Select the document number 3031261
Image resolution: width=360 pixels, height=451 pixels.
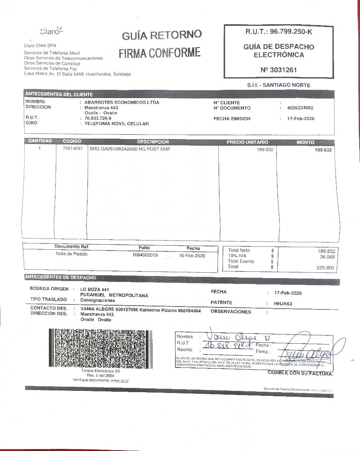point(279,70)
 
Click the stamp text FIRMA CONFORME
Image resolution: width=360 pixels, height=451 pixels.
point(160,53)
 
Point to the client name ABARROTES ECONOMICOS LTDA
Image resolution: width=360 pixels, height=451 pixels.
point(122,102)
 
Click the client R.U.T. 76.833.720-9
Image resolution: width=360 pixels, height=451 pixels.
point(98,119)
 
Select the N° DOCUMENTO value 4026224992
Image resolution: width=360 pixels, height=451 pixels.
point(300,108)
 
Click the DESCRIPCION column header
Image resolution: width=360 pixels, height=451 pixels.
point(153,142)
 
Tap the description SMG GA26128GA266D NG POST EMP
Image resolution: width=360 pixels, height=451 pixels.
point(130,149)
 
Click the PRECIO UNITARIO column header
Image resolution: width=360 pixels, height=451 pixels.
point(247,142)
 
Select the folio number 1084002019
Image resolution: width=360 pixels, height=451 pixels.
point(145,255)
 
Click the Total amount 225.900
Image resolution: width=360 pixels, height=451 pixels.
point(325,268)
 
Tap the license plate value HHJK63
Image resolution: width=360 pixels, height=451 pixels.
point(283,304)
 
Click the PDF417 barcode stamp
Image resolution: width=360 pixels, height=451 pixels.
point(101,347)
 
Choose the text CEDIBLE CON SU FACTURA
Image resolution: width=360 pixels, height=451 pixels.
point(300,373)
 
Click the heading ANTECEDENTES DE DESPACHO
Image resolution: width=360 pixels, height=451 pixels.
point(61,277)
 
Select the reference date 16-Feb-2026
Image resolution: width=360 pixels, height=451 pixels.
point(192,255)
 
